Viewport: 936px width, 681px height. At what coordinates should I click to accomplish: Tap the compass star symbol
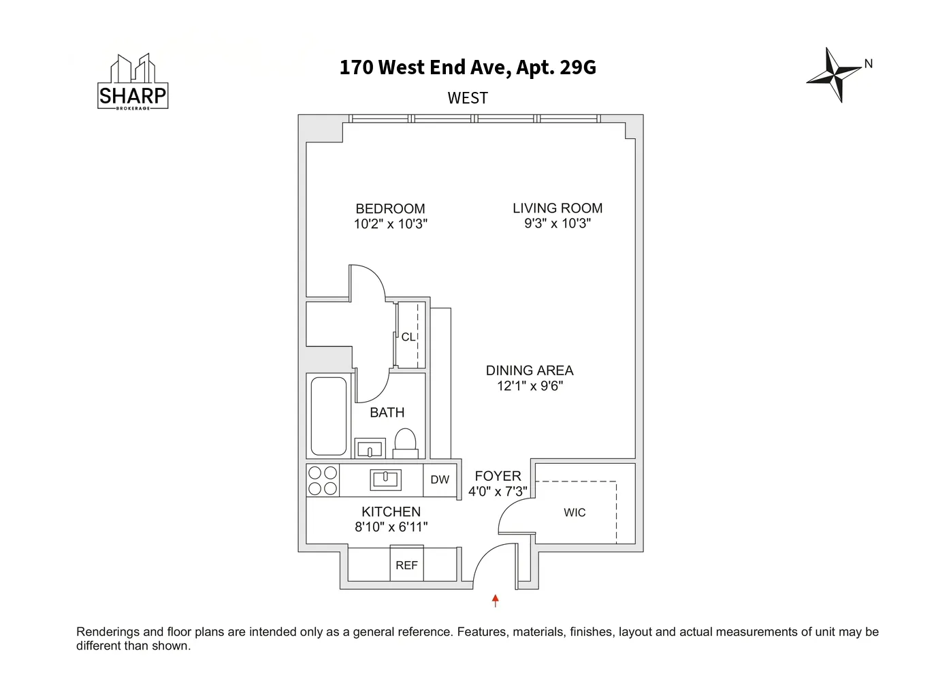point(834,74)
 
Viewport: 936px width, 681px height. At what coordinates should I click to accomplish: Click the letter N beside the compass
point(869,63)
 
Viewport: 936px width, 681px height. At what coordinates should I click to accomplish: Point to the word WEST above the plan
point(468,98)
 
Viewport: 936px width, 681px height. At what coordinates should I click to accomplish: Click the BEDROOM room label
point(390,208)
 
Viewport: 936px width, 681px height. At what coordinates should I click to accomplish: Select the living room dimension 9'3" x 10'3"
point(558,223)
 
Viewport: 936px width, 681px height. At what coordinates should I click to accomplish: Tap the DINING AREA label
point(530,370)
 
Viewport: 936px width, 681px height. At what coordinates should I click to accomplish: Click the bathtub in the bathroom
point(329,415)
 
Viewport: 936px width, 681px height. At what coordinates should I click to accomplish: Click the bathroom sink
point(370,449)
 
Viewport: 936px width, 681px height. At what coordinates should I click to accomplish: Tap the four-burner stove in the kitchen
point(323,480)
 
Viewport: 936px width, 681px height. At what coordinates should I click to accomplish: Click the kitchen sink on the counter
point(385,479)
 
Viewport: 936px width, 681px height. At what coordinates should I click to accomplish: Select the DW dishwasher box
point(440,479)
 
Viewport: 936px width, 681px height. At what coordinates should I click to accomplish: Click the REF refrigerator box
point(406,565)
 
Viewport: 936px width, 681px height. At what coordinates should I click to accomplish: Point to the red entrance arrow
point(496,601)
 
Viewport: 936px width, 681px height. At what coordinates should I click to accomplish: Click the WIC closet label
point(575,512)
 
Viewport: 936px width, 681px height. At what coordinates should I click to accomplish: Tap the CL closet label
point(408,336)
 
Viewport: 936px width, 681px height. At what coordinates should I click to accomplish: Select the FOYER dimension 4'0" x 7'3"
point(498,491)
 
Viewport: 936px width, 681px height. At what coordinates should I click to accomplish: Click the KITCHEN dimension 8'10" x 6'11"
point(391,526)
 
